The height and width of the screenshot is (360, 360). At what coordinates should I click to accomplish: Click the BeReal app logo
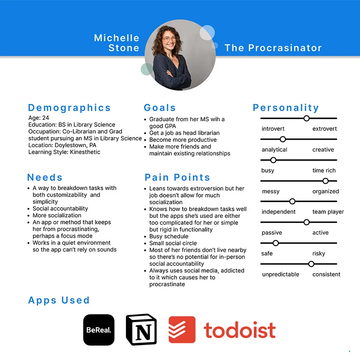pyautogui.click(x=99, y=330)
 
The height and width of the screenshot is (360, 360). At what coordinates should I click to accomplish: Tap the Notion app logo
pyautogui.click(x=141, y=330)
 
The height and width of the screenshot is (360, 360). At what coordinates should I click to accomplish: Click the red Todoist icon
pyautogui.click(x=182, y=330)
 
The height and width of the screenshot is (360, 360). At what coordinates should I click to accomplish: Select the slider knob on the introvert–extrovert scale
pyautogui.click(x=306, y=118)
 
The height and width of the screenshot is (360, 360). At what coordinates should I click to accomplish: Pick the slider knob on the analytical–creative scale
pyautogui.click(x=283, y=139)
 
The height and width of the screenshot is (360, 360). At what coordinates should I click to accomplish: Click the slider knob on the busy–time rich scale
pyautogui.click(x=273, y=160)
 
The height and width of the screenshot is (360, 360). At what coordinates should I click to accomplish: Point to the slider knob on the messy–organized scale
pyautogui.click(x=325, y=181)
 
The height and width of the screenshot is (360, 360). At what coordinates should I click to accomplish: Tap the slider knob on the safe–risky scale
pyautogui.click(x=276, y=243)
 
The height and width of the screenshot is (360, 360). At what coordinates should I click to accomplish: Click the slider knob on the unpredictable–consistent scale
pyautogui.click(x=311, y=264)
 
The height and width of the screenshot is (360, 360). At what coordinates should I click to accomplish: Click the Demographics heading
pyautogui.click(x=69, y=108)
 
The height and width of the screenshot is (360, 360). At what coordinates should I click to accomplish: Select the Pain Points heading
pyautogui.click(x=177, y=178)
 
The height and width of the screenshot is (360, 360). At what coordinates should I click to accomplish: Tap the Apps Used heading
pyautogui.click(x=59, y=301)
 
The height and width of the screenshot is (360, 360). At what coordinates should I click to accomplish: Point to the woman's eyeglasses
pyautogui.click(x=169, y=39)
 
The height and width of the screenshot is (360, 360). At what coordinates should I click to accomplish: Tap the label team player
pyautogui.click(x=328, y=212)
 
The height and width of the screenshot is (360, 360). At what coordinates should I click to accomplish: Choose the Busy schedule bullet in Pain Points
pyautogui.click(x=168, y=236)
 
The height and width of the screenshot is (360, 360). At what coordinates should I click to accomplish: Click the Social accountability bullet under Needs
pyautogui.click(x=60, y=209)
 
